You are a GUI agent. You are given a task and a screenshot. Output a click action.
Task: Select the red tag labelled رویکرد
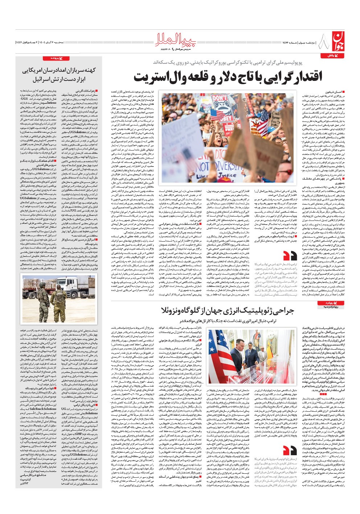(x=330, y=303)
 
